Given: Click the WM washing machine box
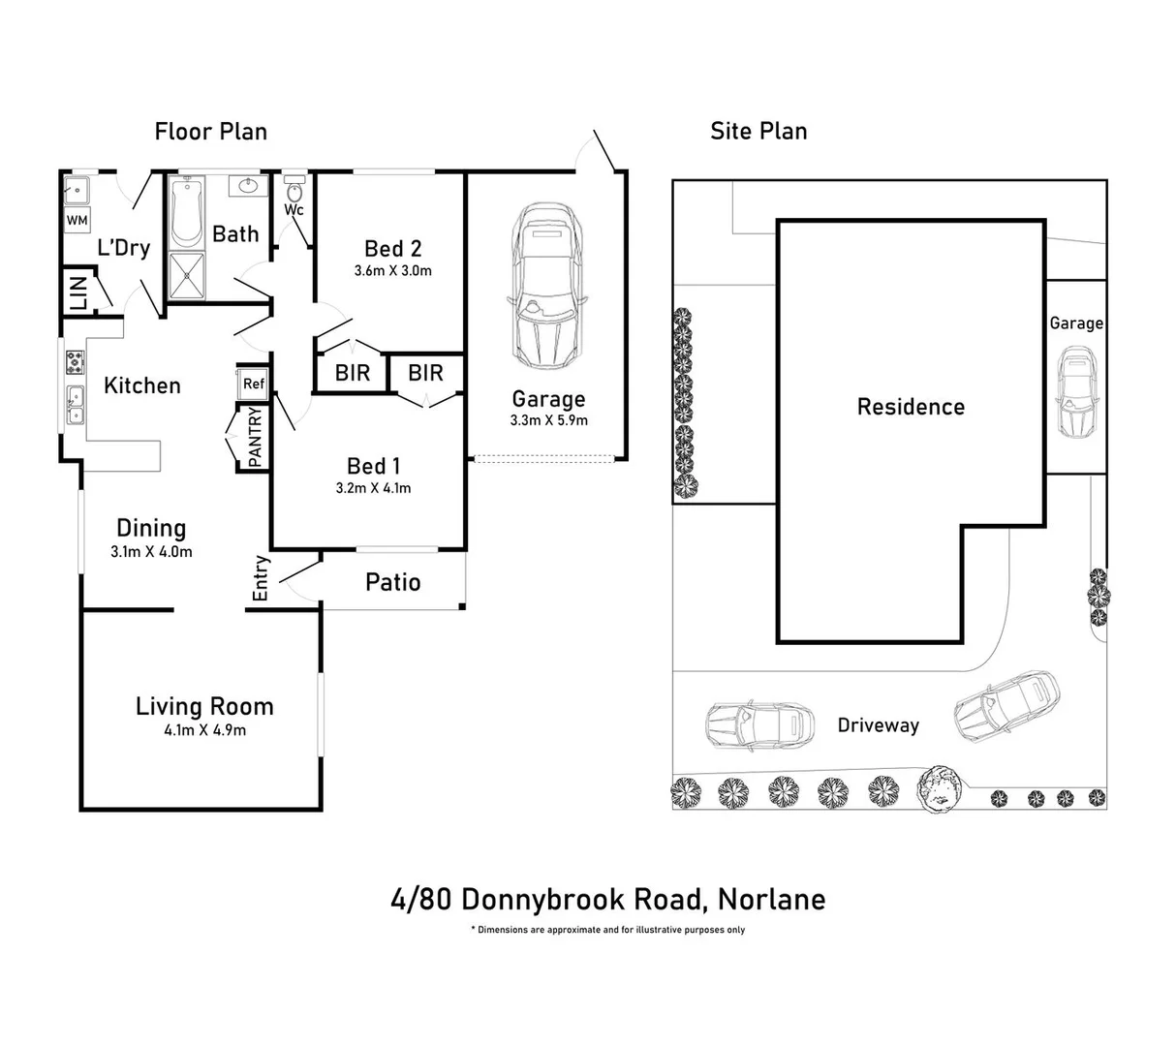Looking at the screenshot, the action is click(77, 220).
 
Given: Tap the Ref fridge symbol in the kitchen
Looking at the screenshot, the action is click(253, 384).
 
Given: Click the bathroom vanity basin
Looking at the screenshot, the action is click(248, 186).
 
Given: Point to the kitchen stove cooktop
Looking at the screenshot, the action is click(75, 361).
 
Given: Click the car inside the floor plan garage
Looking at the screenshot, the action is click(546, 285).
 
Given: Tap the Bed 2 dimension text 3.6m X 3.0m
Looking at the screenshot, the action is click(393, 270).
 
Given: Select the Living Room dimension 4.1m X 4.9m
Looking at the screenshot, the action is click(205, 730).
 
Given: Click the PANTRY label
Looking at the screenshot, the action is click(255, 437).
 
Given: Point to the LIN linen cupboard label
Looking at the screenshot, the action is click(78, 292).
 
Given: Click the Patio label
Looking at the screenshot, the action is click(393, 582).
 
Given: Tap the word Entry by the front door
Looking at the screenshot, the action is click(261, 577).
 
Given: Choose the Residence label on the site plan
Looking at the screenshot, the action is click(911, 407).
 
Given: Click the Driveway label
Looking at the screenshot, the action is click(879, 725).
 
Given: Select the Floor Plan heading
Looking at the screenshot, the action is click(211, 132).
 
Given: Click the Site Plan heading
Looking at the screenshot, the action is click(758, 131).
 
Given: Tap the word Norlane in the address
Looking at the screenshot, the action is click(771, 899).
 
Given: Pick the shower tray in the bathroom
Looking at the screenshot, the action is click(186, 276).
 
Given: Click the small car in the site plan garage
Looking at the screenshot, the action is click(1077, 392).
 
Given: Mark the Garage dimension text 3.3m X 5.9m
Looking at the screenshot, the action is click(548, 420).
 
